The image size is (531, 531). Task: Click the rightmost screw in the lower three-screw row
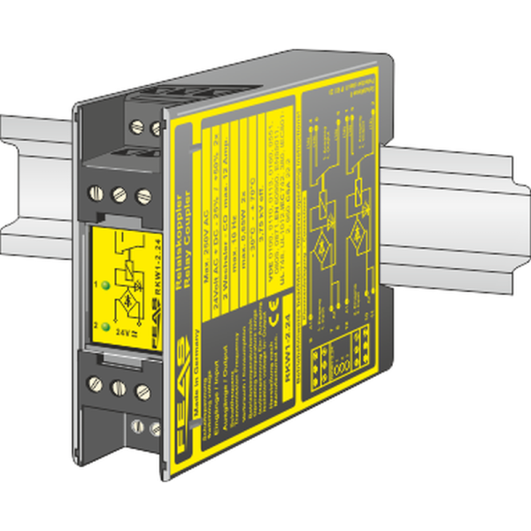(142, 389)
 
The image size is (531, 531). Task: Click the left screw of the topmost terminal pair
(137, 126)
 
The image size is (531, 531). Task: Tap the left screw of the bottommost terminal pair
(136, 428)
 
